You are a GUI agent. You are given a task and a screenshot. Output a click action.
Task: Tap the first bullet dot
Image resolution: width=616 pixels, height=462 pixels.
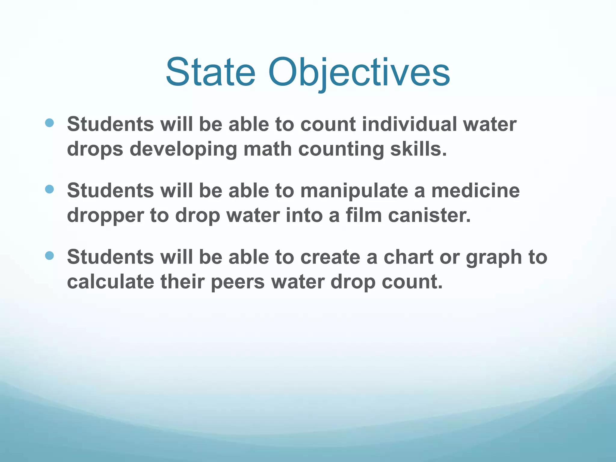[x=49, y=123]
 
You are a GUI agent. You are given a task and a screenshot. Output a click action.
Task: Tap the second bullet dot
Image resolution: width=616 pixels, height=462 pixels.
[x=49, y=189]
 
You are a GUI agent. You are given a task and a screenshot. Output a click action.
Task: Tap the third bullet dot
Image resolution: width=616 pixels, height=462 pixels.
[x=49, y=256]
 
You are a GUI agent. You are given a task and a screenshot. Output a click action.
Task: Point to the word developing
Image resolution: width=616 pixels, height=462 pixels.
[x=183, y=149]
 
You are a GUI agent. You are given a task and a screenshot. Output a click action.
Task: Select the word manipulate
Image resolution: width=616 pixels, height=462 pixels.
[x=354, y=191]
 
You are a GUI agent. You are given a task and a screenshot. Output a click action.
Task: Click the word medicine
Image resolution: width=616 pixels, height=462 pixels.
[x=475, y=191]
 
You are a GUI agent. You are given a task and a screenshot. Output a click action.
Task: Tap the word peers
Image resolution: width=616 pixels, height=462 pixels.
[x=238, y=283]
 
